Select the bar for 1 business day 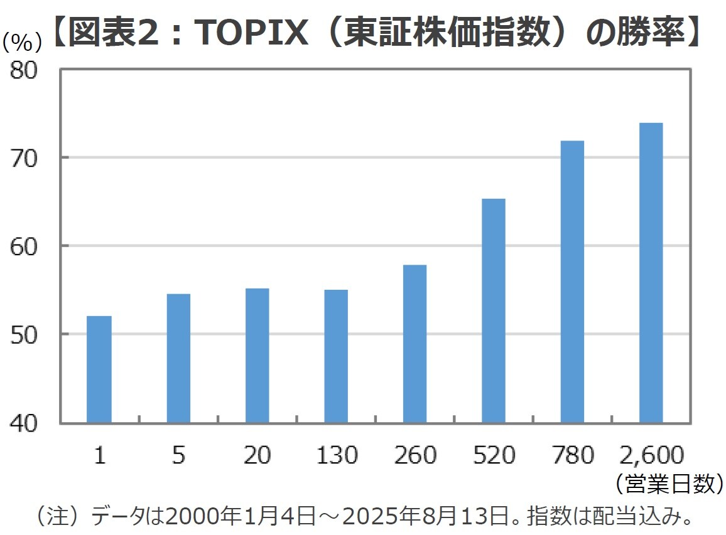coord(99,369)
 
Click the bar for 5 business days coord(178,358)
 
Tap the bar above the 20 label coord(257,356)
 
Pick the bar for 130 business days coord(336,356)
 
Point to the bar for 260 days coord(414,344)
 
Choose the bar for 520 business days coord(494,310)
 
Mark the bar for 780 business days coord(572,282)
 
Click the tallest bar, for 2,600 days coord(651,273)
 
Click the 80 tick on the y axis coord(27,70)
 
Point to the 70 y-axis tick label coord(27,157)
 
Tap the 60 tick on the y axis coord(27,246)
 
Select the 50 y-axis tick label coord(27,334)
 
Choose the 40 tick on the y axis coord(27,423)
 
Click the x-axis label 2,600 coord(651,455)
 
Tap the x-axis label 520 coord(494,455)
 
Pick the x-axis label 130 coord(336,455)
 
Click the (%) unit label coord(23,43)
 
